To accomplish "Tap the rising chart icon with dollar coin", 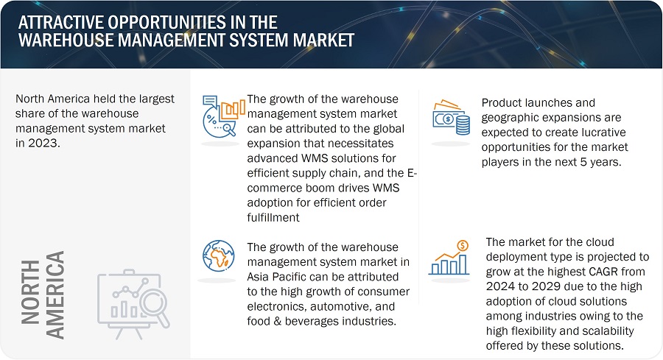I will (x=449, y=258).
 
